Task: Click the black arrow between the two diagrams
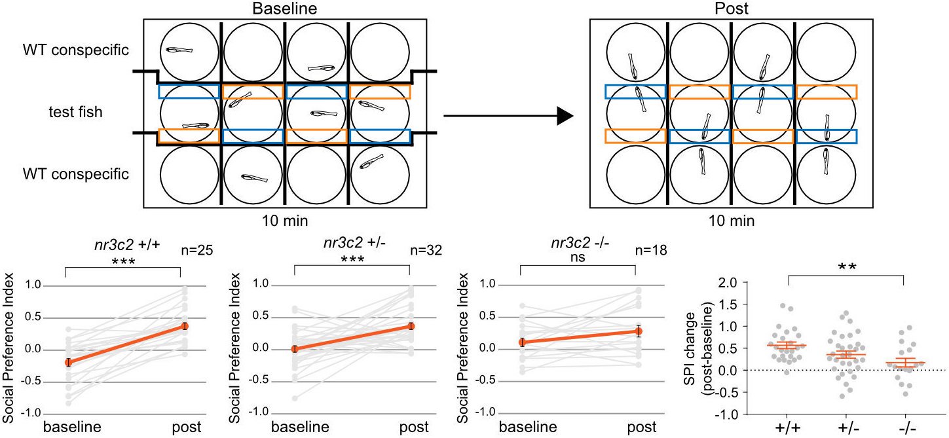(x=508, y=117)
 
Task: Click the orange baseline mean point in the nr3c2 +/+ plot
(x=68, y=362)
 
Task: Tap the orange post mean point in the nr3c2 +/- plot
(x=411, y=326)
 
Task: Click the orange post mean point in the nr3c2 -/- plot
(x=635, y=331)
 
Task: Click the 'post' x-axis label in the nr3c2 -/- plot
(x=641, y=427)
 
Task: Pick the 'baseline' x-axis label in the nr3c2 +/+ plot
(x=72, y=427)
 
